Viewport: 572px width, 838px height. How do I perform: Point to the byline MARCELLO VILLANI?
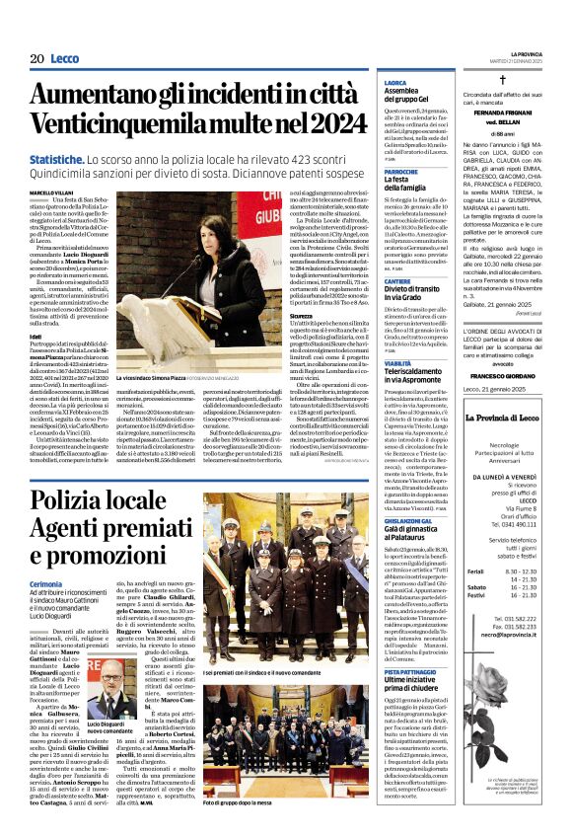pyautogui.click(x=51, y=191)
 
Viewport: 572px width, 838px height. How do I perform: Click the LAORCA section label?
pyautogui.click(x=395, y=83)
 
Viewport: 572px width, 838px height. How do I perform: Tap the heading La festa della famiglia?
pyautogui.click(x=406, y=184)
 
